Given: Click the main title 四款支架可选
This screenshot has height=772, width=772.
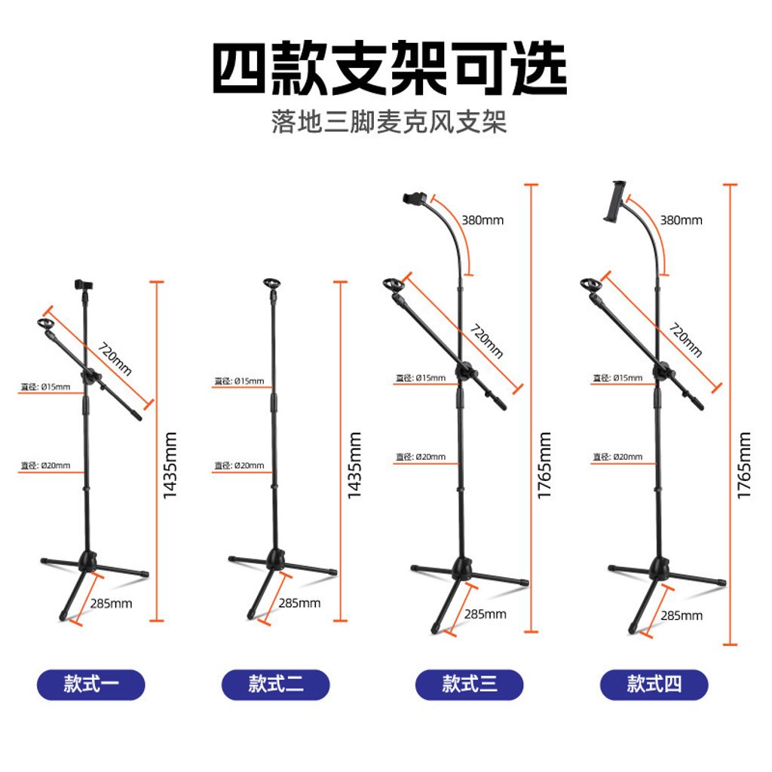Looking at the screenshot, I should point(389,69).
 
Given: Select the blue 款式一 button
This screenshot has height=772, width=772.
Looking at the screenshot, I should point(90,685).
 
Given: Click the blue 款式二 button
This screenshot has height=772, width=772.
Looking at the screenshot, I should point(276,685).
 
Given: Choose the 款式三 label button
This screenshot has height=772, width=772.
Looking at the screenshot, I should point(470,685).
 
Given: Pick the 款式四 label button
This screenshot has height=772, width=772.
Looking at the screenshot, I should point(654,685).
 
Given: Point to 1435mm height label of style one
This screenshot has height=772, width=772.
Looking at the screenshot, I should point(170,465).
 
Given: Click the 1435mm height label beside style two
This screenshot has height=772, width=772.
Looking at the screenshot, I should point(355,465).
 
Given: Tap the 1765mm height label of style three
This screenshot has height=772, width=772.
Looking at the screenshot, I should point(545,465).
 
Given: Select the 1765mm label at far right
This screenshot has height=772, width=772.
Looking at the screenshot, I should point(745,465).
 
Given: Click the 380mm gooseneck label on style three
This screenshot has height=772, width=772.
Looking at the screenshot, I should point(482,221).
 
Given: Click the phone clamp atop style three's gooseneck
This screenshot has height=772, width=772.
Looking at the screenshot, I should point(415,199).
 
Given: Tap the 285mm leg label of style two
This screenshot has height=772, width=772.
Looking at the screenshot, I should point(299,603).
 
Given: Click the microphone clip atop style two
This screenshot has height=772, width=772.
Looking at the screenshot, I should point(271,287).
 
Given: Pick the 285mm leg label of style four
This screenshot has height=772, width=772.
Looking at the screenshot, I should point(681,616).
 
